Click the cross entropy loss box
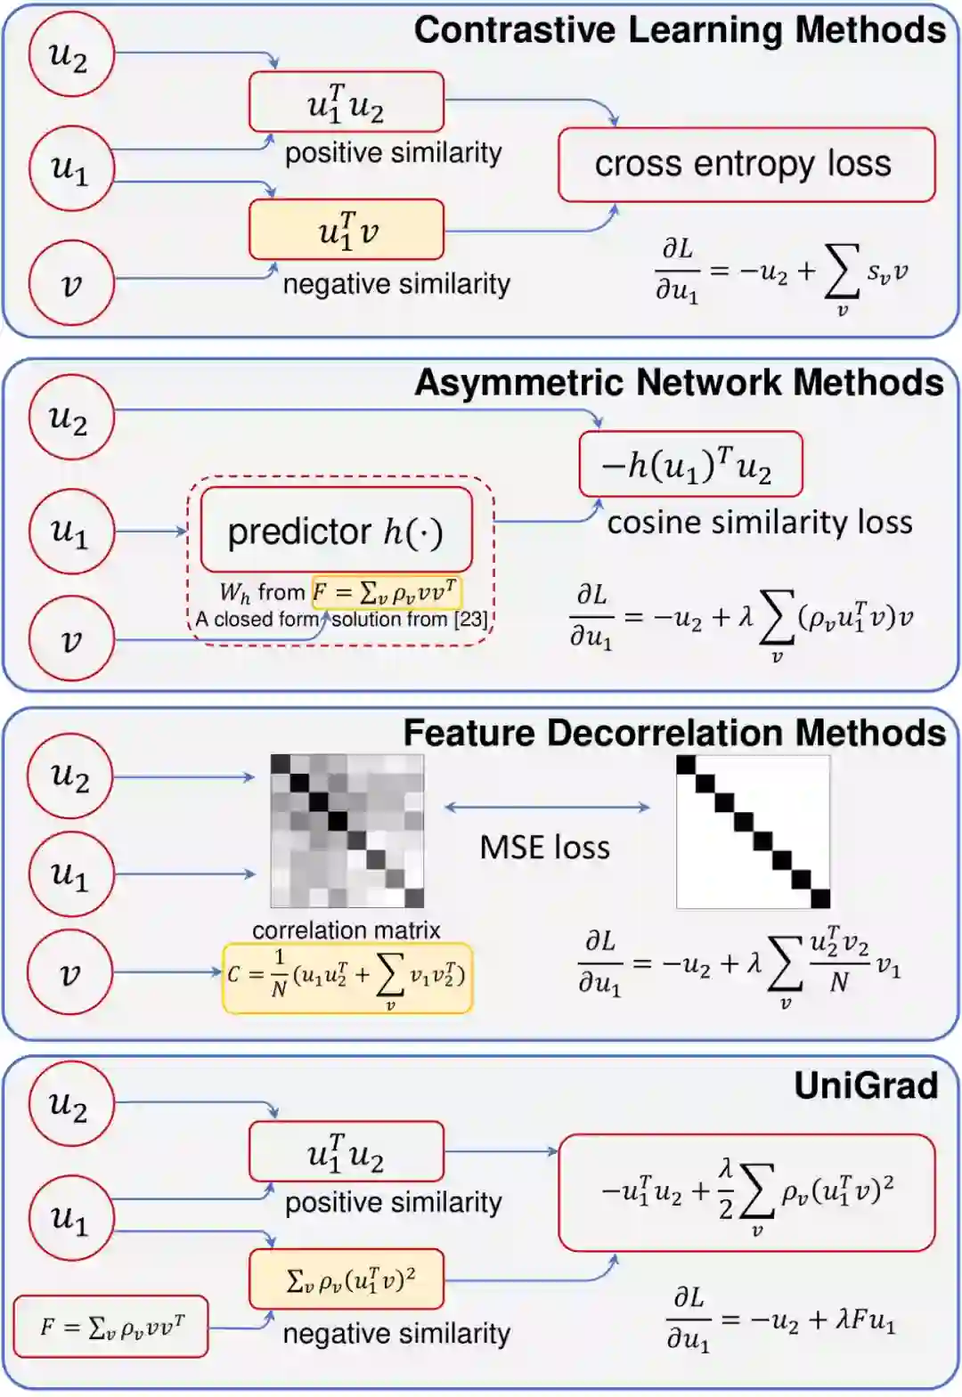pyautogui.click(x=746, y=165)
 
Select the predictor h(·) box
pyautogui.click(x=336, y=531)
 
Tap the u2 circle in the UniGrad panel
pyautogui.click(x=69, y=1105)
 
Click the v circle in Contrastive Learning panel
pyautogui.click(x=71, y=284)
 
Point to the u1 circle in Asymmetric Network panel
pyautogui.click(x=71, y=531)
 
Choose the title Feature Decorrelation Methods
pyautogui.click(x=674, y=733)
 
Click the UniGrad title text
pyautogui.click(x=866, y=1085)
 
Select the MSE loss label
pyautogui.click(x=545, y=847)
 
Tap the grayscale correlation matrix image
pyautogui.click(x=347, y=831)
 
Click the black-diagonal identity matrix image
pyautogui.click(x=754, y=832)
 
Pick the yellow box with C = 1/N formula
pyautogui.click(x=347, y=978)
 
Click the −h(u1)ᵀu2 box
pyautogui.click(x=690, y=465)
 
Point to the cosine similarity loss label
pyautogui.click(x=760, y=523)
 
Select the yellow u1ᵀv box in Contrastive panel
pyautogui.click(x=346, y=230)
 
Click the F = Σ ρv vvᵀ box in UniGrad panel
pyautogui.click(x=111, y=1327)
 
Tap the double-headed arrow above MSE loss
pyautogui.click(x=547, y=807)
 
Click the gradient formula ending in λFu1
pyautogui.click(x=780, y=1320)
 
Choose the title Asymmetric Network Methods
pyautogui.click(x=679, y=383)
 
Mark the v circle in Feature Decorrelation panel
pyautogui.click(x=69, y=972)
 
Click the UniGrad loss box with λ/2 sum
pyautogui.click(x=746, y=1192)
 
